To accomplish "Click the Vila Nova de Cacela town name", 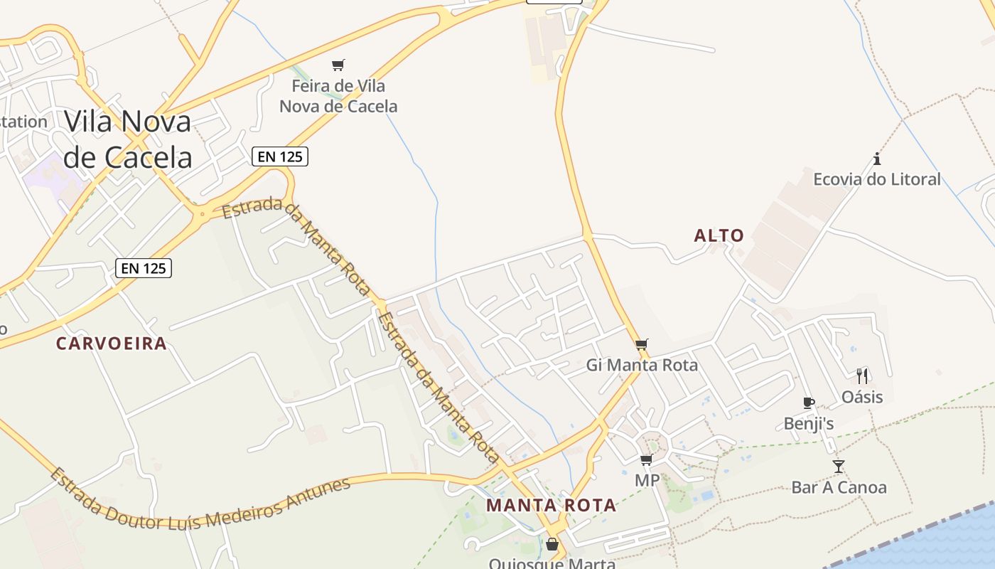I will tap(128, 139).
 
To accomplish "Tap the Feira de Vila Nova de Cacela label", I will tap(338, 96).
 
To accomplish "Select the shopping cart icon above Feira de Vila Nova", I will tap(338, 65).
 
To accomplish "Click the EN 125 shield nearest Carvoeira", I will tap(144, 268).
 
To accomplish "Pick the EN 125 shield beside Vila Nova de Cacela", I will tap(281, 156).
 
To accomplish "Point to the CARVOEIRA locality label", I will tap(112, 344).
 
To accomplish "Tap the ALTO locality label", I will tap(719, 235).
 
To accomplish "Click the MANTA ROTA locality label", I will tap(552, 506).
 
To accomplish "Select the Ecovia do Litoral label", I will tap(877, 179).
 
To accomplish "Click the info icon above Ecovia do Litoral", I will tap(877, 159).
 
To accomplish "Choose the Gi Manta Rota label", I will tap(642, 366).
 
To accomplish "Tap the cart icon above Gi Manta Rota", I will tap(642, 345).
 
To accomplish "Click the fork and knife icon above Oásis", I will tap(862, 376).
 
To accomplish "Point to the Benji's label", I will tap(809, 424).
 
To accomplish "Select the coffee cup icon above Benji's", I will tap(809, 403).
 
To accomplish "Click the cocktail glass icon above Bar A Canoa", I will tap(839, 467).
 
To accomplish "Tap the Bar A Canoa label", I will tap(839, 488).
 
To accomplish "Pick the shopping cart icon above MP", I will tap(646, 460).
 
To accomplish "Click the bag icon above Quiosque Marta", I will tap(552, 545).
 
